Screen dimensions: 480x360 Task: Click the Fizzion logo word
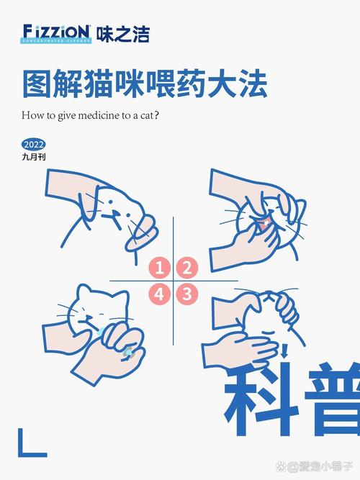[56, 32]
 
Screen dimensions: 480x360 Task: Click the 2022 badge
[33, 143]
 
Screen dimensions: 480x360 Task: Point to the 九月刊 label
[34, 155]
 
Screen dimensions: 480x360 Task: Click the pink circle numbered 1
[160, 268]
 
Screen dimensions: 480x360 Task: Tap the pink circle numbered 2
[186, 268]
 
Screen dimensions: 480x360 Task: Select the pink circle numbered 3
[186, 293]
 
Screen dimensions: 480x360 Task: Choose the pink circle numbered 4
[160, 293]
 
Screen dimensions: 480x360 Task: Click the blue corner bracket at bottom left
[30, 444]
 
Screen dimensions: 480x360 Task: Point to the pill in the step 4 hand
[129, 351]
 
